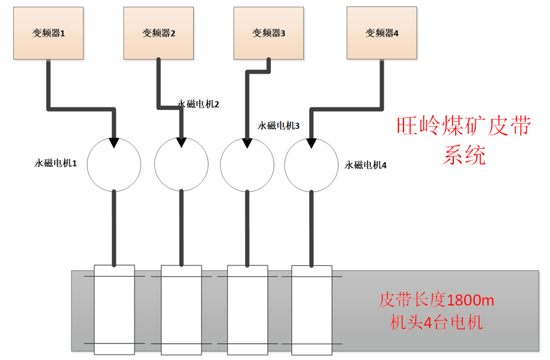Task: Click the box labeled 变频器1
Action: coord(49,33)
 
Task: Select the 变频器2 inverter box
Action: coord(158,33)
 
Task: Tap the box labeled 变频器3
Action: coord(268,33)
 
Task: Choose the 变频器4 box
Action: coord(382,33)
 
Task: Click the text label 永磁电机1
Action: coord(56,163)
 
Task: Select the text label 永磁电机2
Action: coord(198,104)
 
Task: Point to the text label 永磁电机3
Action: coord(279,125)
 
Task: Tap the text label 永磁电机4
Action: coord(365,165)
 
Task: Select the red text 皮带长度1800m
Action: coord(436,300)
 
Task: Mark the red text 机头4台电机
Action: coord(436,323)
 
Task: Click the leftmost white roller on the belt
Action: coord(114,310)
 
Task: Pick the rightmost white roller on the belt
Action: coord(312,310)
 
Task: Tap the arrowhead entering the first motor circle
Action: coord(114,142)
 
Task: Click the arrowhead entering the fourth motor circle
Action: coord(311,143)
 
